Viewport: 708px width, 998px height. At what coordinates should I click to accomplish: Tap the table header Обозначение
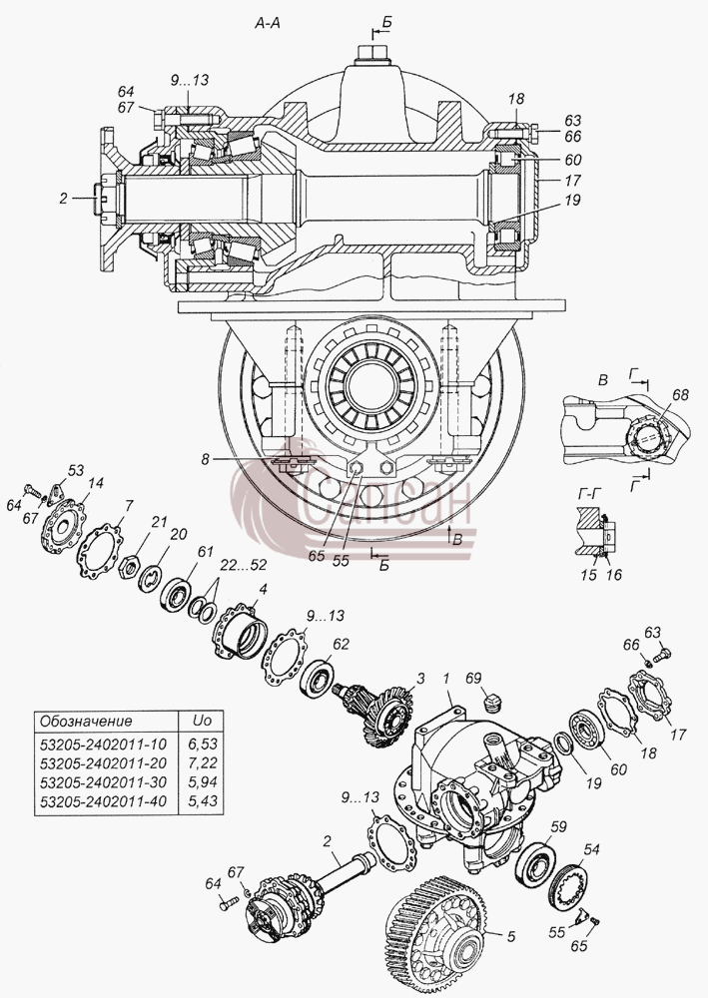[86, 722]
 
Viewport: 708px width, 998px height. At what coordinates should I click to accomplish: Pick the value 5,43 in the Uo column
[203, 801]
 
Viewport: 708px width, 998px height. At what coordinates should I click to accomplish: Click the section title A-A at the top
[268, 24]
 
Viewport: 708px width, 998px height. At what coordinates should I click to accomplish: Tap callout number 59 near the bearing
[558, 826]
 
